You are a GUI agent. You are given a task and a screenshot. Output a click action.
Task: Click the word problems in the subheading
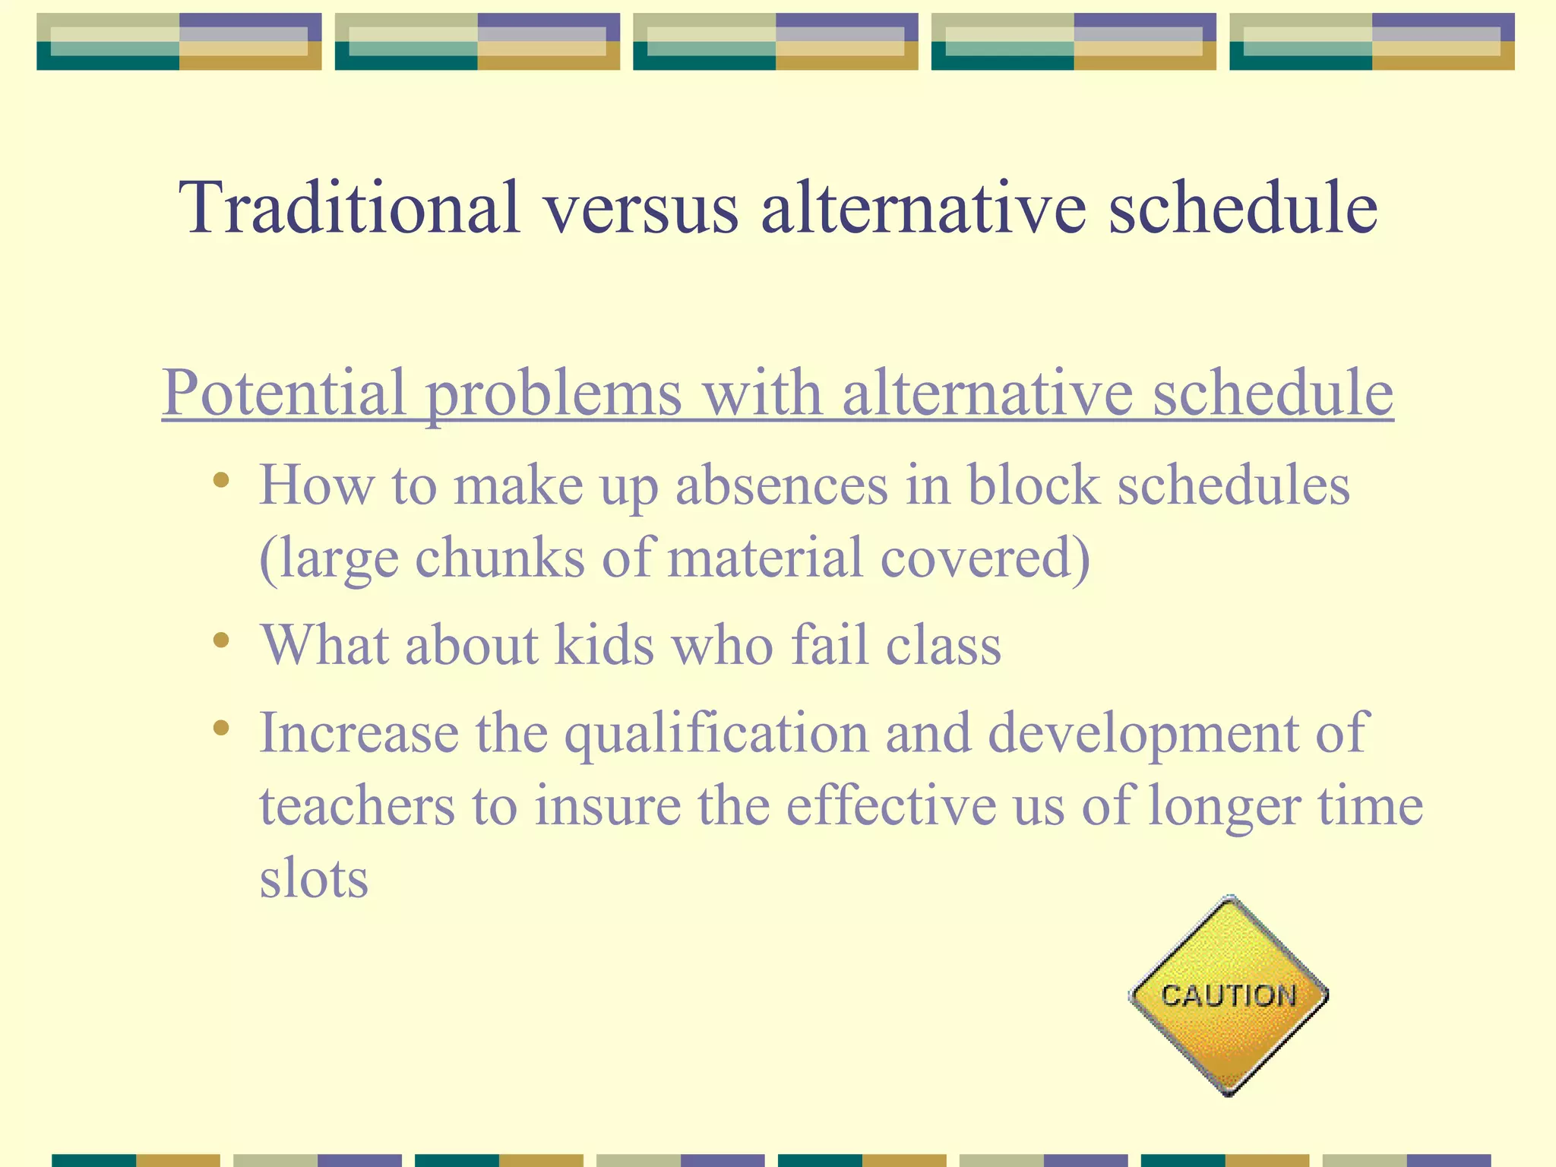pos(553,393)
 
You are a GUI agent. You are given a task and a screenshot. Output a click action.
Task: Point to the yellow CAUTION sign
pos(1229,995)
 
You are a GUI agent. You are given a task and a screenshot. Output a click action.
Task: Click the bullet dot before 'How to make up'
pos(221,480)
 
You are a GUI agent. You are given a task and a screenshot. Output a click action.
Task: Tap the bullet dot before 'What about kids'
pos(221,640)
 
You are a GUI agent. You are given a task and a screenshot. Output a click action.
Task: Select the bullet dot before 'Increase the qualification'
pos(221,728)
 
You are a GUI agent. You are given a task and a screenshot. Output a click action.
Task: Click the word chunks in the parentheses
pos(501,557)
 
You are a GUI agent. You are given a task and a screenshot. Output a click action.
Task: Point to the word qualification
pos(716,733)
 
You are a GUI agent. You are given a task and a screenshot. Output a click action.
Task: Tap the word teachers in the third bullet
pos(357,805)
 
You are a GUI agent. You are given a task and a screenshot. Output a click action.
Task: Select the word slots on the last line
pos(314,878)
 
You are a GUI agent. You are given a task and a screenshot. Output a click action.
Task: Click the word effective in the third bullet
pos(890,805)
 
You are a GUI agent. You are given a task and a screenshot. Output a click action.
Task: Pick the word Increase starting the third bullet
pos(359,733)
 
